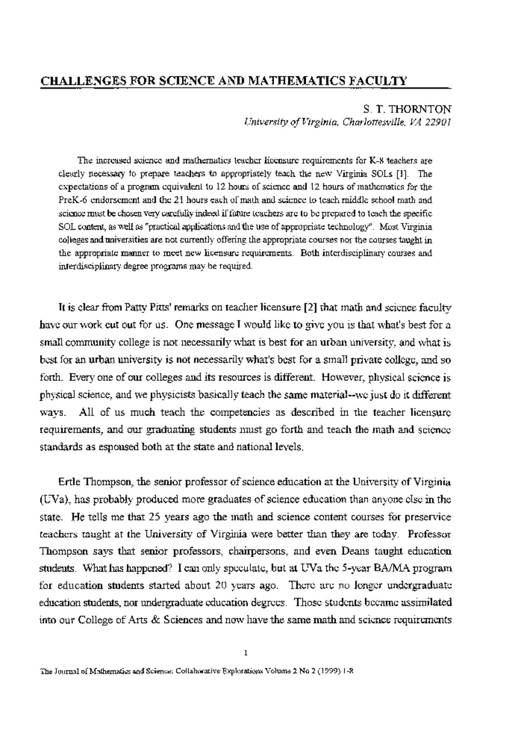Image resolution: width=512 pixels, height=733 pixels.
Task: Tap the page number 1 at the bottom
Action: coord(246,653)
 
